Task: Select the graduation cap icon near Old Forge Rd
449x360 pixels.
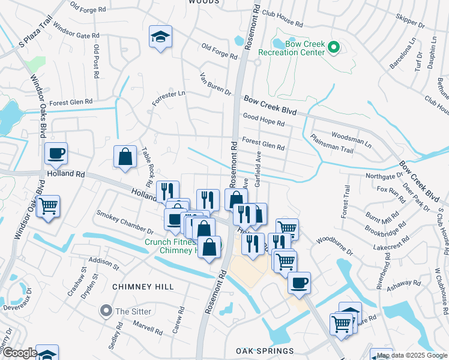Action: click(161, 37)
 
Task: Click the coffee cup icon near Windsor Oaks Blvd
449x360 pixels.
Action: click(56, 153)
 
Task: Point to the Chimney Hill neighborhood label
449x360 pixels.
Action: click(143, 287)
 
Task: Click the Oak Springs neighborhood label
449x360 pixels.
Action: click(265, 351)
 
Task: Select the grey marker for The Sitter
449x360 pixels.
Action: click(107, 311)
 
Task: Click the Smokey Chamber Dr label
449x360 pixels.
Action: click(125, 221)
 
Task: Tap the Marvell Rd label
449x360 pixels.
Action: click(148, 328)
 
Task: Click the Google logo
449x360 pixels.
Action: click(19, 353)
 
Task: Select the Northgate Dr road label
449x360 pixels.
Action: click(384, 176)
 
